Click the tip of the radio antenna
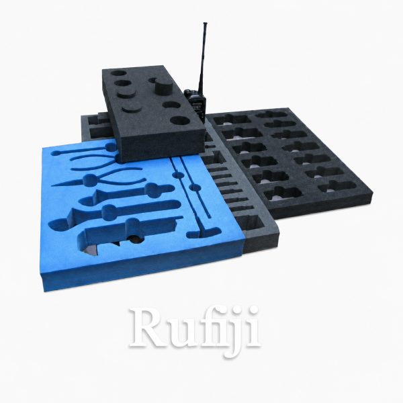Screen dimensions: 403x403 coord(205,24)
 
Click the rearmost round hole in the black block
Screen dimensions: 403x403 coord(119,73)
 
